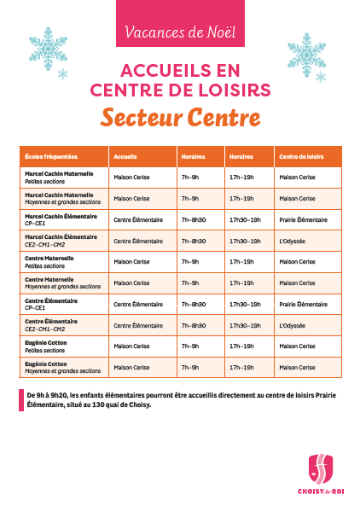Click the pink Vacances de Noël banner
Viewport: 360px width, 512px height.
click(180, 32)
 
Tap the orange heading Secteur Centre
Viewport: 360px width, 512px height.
click(180, 116)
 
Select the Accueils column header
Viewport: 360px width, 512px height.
click(125, 157)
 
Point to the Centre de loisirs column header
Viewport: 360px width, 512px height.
click(301, 157)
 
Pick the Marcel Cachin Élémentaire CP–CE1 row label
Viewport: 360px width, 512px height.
click(61, 219)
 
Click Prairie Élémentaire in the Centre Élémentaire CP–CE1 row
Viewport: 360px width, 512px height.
click(302, 304)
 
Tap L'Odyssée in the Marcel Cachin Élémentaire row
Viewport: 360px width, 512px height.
click(292, 241)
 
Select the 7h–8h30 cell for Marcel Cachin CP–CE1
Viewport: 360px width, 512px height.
click(195, 220)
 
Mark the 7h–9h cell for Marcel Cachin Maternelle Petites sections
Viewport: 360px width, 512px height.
click(190, 177)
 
